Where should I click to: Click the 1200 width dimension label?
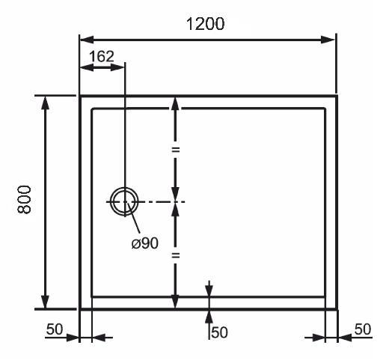[x=205, y=24]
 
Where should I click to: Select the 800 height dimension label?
[x=24, y=200]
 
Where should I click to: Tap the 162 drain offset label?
[x=102, y=56]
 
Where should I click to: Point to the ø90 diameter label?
[x=145, y=242]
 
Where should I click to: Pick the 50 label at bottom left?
[x=55, y=329]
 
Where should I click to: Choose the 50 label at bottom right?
[x=363, y=329]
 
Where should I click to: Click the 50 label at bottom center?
[x=219, y=332]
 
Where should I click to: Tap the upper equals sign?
[x=176, y=150]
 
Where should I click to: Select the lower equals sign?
[x=176, y=255]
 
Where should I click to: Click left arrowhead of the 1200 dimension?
[x=87, y=40]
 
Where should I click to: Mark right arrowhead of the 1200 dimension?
[x=328, y=40]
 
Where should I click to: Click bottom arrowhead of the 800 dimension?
[x=45, y=302]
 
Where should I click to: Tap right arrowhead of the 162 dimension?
[x=117, y=67]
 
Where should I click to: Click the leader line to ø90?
[x=133, y=217]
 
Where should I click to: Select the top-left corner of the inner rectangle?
[x=92, y=109]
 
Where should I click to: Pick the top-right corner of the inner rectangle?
[x=325, y=109]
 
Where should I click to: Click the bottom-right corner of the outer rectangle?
[x=337, y=309]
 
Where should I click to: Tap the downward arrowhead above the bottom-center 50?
[x=209, y=290]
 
